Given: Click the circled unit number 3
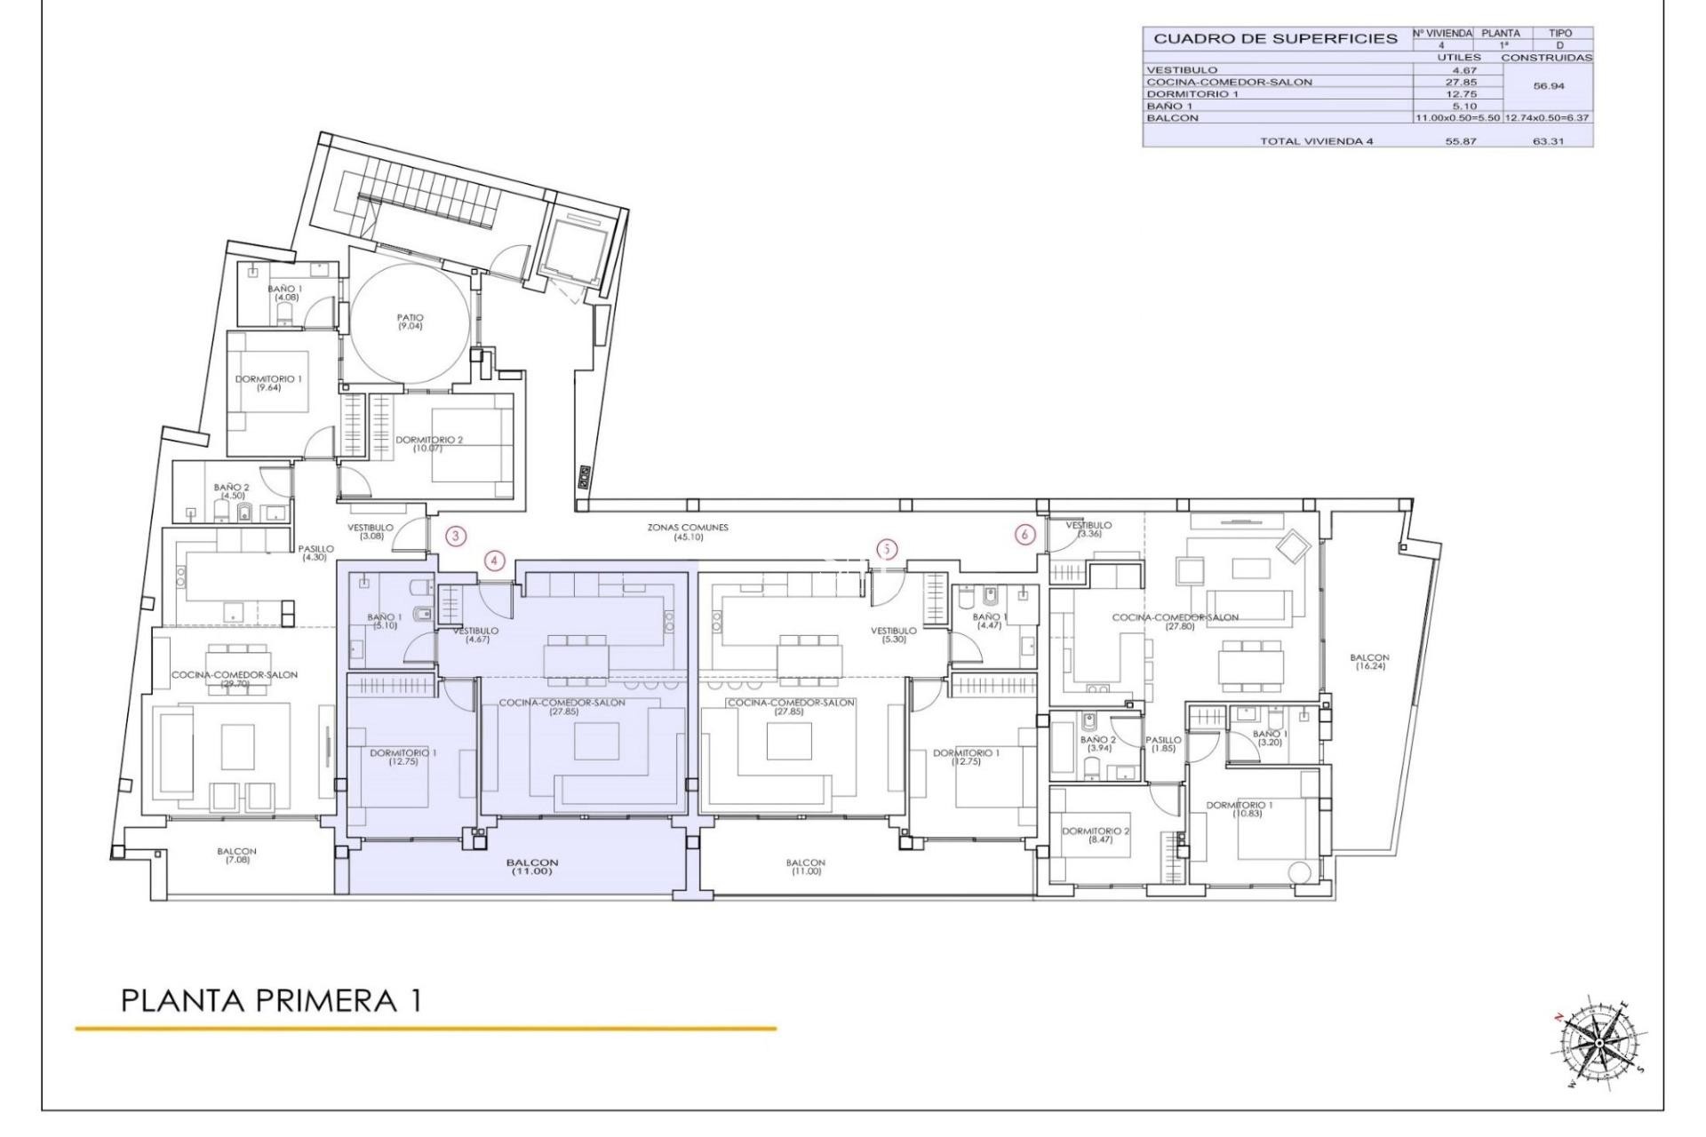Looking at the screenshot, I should [x=456, y=536].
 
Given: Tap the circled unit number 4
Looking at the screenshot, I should [x=495, y=561].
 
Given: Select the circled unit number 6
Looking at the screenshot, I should [x=1025, y=535].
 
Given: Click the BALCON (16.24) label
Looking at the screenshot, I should [x=1368, y=661].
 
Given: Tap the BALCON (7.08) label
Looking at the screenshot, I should [x=236, y=855].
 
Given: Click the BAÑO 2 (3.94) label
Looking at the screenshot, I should [x=1098, y=743].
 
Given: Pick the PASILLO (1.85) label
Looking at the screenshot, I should [x=1163, y=743].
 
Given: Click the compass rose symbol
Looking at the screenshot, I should [x=1598, y=1042].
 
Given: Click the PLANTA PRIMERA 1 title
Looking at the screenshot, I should [x=271, y=1001].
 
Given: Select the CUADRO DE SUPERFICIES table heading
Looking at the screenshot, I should [x=1275, y=39].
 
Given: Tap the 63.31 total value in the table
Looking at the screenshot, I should [x=1547, y=141].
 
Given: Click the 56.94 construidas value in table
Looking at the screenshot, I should [x=1548, y=87].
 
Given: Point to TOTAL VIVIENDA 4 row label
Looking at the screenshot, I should [x=1316, y=141].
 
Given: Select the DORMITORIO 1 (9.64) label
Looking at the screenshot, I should [x=268, y=383].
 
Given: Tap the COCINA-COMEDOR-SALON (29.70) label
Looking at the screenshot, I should [x=235, y=679].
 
